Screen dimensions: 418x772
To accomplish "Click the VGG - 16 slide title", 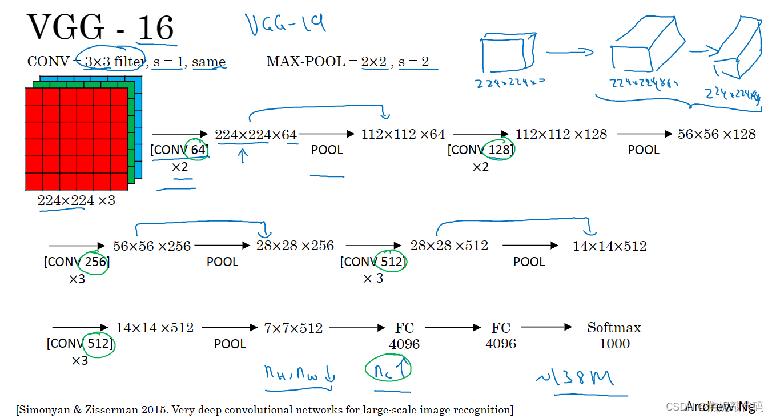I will point(100,27).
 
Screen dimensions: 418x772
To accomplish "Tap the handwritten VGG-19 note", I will point(286,24).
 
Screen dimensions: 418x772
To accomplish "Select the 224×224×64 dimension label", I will point(256,135).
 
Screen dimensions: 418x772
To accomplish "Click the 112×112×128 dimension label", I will point(561,134).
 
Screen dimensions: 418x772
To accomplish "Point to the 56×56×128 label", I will point(717,134).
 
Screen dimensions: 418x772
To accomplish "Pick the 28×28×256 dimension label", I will point(295,246).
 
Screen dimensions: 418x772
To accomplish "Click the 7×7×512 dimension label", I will point(293,328).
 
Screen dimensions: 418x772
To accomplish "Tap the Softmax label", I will point(614,328).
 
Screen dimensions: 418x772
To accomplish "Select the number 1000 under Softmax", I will point(614,344).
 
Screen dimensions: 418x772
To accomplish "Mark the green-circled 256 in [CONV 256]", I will point(95,262).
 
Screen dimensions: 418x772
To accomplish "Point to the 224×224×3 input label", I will point(76,200).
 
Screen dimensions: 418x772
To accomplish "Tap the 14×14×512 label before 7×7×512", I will point(155,328).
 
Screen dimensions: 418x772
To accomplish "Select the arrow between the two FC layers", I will point(453,328).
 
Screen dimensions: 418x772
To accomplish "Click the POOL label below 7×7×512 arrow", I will point(230,344).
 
